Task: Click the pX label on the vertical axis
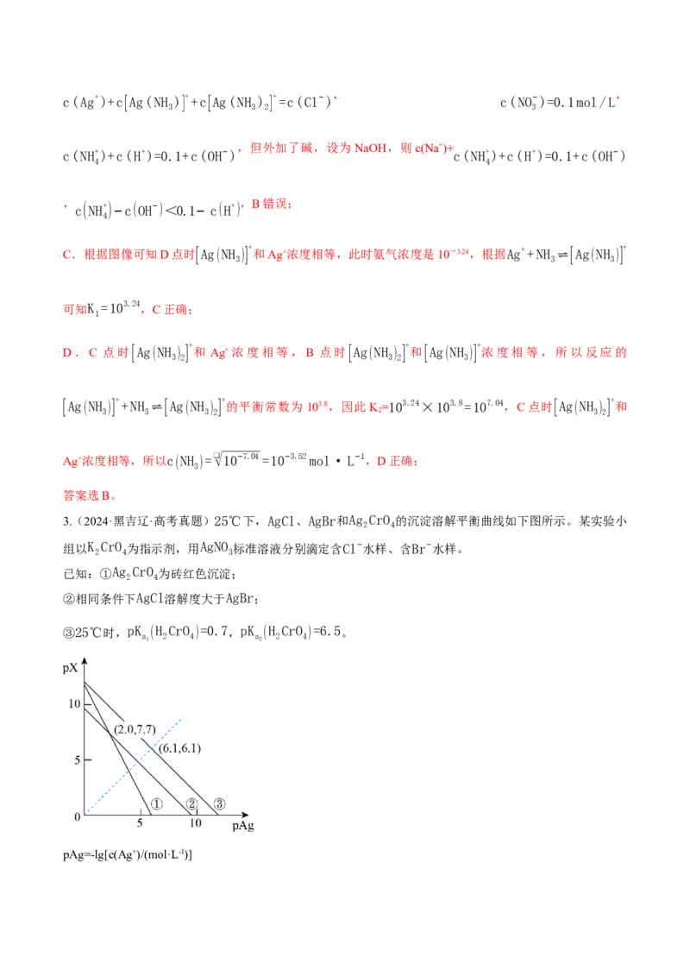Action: [x=70, y=668]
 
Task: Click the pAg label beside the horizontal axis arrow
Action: [x=243, y=826]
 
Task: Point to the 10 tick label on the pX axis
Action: [x=75, y=703]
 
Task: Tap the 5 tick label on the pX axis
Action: [x=78, y=760]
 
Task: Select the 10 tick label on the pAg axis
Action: [x=195, y=823]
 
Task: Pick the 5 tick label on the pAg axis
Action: [x=140, y=823]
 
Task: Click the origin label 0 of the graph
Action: [x=78, y=816]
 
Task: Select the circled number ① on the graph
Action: [x=157, y=804]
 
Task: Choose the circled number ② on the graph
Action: [x=192, y=804]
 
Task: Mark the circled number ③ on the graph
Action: [x=219, y=804]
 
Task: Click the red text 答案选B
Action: [x=90, y=495]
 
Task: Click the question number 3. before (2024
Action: [x=67, y=521]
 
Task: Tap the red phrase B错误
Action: [x=271, y=204]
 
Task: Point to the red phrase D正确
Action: [x=397, y=461]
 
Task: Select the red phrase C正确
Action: [x=172, y=309]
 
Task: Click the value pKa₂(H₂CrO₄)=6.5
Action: [x=292, y=632]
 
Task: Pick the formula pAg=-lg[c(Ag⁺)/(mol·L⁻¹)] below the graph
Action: [x=128, y=854]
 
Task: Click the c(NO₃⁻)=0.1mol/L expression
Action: [x=559, y=102]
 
